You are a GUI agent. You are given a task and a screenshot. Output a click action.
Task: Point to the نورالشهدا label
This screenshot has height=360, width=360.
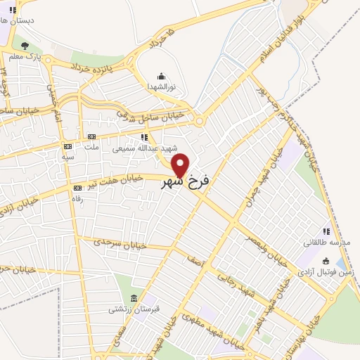[160, 86]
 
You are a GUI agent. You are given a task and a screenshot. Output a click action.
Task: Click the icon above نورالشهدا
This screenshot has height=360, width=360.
[161, 76]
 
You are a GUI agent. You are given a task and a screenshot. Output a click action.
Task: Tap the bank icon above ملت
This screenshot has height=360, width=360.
[91, 137]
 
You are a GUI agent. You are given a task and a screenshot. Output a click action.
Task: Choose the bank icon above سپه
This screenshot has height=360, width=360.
[68, 146]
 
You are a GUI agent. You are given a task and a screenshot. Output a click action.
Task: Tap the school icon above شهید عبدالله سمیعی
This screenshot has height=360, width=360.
[144, 137]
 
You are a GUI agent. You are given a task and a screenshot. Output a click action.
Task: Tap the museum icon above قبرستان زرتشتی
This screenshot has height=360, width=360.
[133, 298]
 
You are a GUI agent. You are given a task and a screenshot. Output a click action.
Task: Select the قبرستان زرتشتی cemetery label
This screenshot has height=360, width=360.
[129, 309]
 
